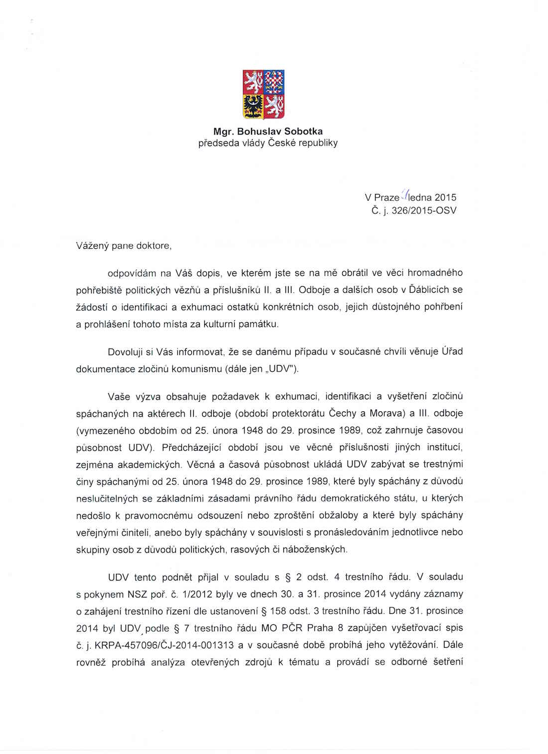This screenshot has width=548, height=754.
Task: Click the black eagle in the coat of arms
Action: pos(254,106)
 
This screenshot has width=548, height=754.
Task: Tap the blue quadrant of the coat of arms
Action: pos(274,82)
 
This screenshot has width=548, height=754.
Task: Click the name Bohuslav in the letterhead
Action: pos(259,132)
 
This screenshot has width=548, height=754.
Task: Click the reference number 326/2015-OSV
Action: pos(424,210)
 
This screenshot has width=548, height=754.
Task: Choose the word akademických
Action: pos(148,465)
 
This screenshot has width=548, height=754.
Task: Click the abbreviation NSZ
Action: pos(137,594)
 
